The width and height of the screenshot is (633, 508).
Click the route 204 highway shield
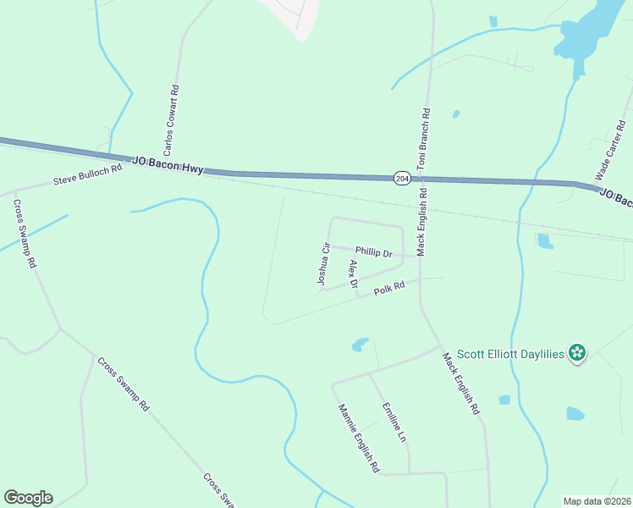click(x=403, y=178)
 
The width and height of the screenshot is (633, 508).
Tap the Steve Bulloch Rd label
click(x=88, y=174)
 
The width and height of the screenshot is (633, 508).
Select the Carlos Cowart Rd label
click(x=172, y=120)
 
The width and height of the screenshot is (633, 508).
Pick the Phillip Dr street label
click(x=374, y=252)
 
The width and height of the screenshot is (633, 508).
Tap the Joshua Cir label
click(x=322, y=263)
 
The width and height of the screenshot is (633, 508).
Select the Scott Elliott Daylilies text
click(x=510, y=354)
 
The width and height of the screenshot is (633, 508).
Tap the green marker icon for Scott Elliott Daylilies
click(x=577, y=352)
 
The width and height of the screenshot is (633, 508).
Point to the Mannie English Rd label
click(x=359, y=438)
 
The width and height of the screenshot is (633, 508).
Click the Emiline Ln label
click(x=394, y=422)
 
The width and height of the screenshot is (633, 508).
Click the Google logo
click(x=28, y=498)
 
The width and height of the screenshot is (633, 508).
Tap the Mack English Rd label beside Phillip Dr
click(x=421, y=223)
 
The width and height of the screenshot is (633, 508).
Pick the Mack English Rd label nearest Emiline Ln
click(x=461, y=384)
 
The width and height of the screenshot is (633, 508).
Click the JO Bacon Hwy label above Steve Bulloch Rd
click(x=168, y=164)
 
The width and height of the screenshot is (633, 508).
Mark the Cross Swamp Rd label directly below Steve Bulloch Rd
click(x=25, y=234)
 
